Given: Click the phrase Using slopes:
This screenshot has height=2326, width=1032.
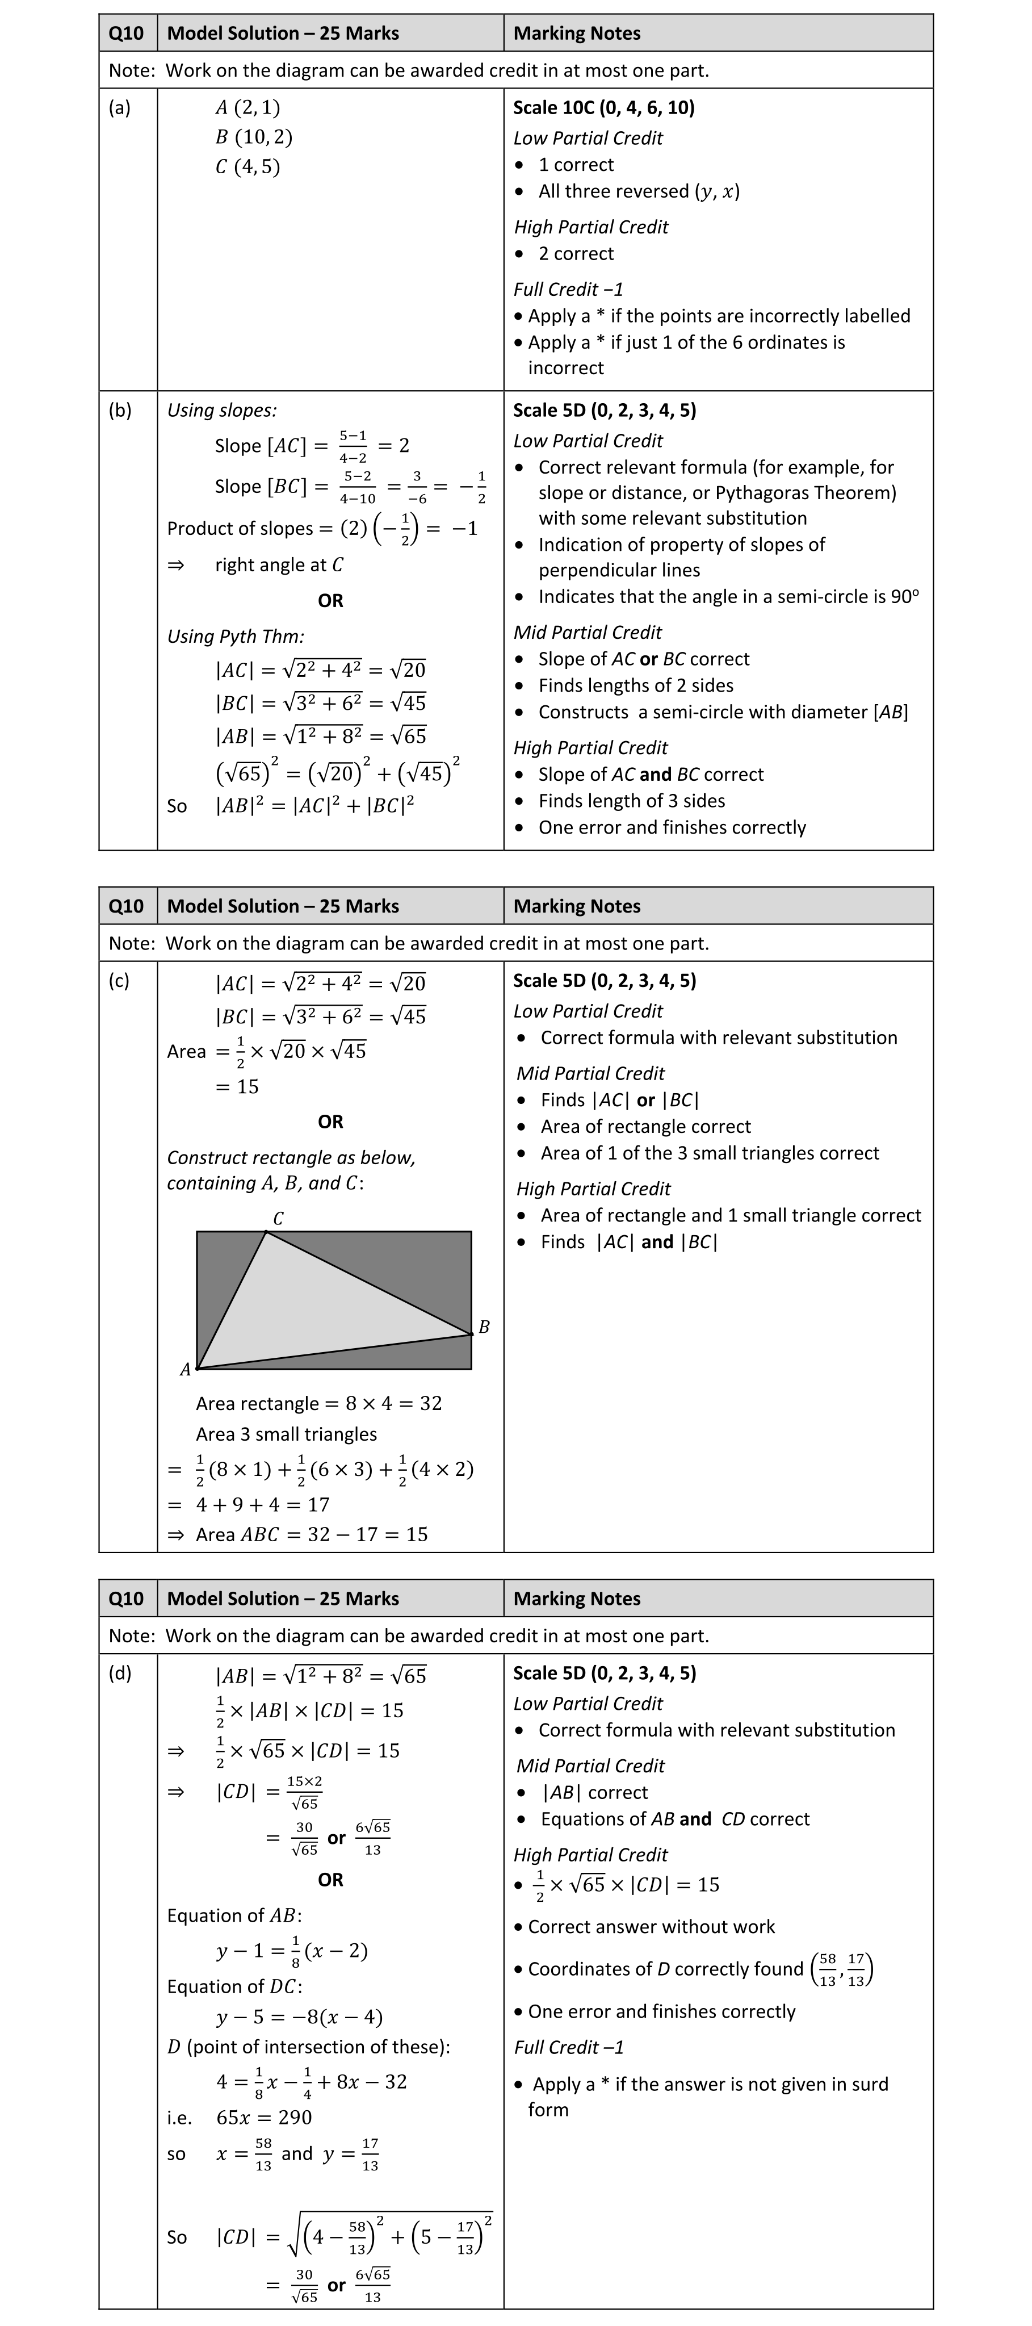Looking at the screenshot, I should [222, 410].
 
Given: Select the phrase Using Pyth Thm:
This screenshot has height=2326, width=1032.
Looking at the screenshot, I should [236, 635].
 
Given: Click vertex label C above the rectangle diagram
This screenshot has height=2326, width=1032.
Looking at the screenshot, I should [278, 1218].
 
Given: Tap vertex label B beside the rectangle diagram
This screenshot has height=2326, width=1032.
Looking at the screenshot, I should [484, 1327].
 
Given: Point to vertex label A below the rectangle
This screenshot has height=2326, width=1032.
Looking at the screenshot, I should [185, 1370].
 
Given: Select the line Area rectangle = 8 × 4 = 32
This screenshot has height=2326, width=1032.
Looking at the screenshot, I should [318, 1403].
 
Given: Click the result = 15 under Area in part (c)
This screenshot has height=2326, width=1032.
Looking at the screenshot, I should [237, 1086].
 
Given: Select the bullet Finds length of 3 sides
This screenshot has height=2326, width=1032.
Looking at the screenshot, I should [631, 801].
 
